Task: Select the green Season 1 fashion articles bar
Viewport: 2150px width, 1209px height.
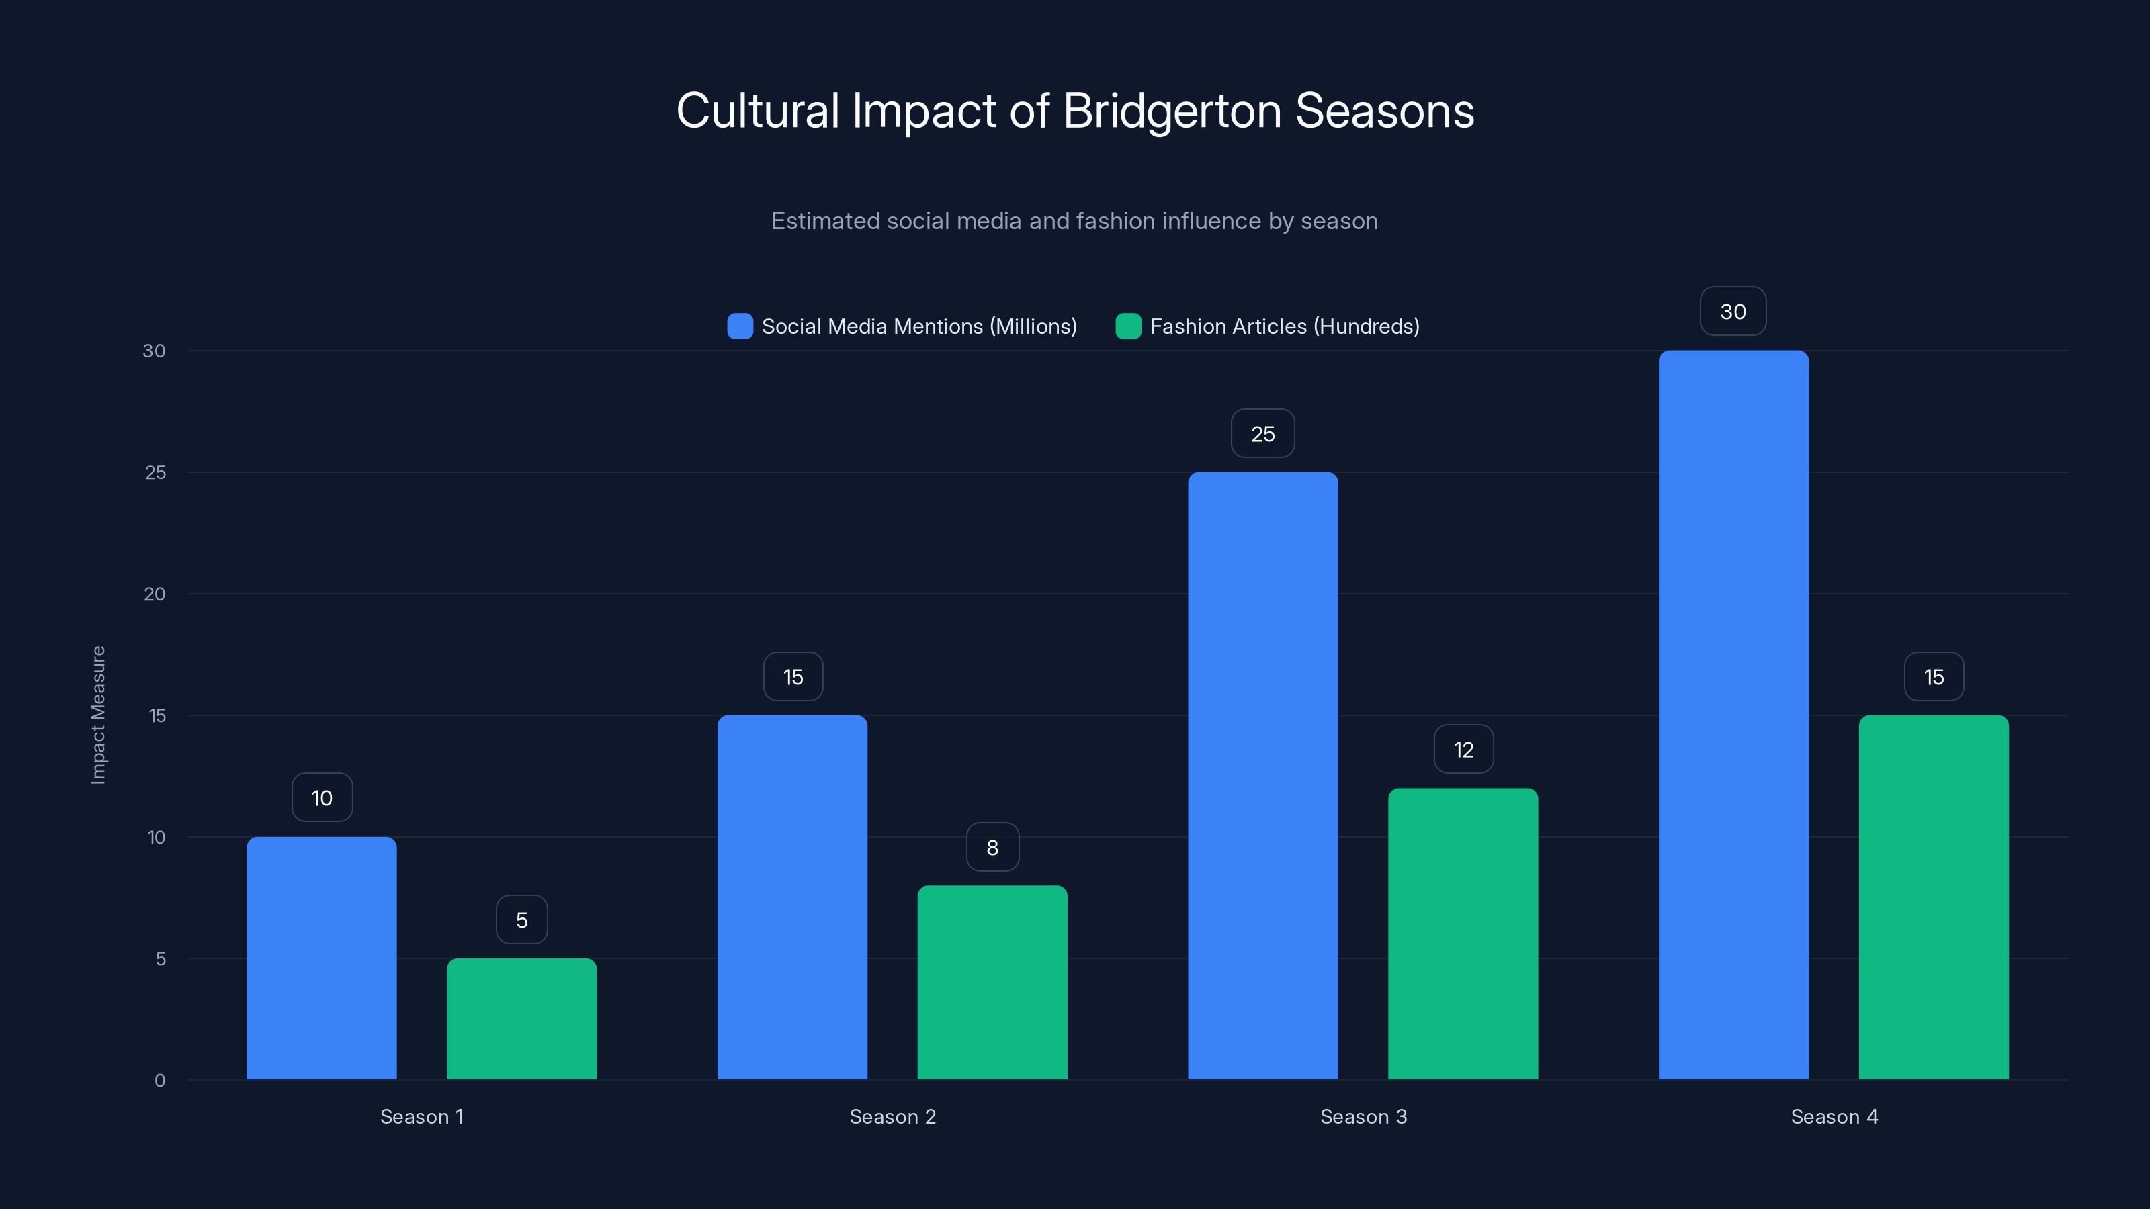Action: [521, 1019]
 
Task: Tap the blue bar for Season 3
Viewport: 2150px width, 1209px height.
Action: [1263, 776]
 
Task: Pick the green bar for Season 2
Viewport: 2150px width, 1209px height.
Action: [992, 982]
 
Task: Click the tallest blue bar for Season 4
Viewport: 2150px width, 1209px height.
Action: [1733, 715]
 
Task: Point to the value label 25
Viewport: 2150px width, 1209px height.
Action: [1263, 434]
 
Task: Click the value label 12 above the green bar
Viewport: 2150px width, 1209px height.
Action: [1463, 750]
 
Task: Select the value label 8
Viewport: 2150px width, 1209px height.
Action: [992, 848]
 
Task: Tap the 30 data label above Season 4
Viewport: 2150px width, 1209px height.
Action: [1733, 312]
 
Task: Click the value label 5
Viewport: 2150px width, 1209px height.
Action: [521, 920]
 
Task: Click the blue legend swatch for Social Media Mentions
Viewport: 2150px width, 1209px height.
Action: [740, 326]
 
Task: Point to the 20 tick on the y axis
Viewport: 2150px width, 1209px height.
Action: [155, 594]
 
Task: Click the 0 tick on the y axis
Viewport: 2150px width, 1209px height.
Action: [159, 1081]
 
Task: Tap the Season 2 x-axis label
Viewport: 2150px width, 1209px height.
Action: [892, 1116]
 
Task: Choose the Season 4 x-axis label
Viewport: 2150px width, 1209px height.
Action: [1834, 1116]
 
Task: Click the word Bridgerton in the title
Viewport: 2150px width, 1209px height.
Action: [1172, 111]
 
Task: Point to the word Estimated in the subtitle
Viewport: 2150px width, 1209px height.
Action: [824, 221]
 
